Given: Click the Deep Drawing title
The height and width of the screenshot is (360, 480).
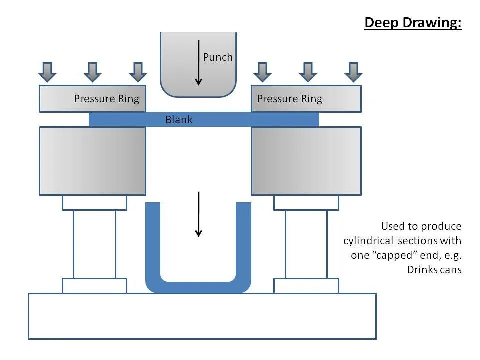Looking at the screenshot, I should tap(413, 23).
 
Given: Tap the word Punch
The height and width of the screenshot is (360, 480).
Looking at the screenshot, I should tap(217, 57).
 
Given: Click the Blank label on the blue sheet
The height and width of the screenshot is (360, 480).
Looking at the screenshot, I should tap(179, 120).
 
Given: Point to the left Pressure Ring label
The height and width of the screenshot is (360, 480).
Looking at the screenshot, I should tap(106, 99).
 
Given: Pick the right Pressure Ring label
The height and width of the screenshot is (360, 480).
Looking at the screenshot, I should tap(289, 99).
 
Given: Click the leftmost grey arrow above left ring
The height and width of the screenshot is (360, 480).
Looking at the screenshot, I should tap(47, 72).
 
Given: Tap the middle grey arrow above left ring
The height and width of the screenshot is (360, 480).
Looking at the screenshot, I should tap(93, 72).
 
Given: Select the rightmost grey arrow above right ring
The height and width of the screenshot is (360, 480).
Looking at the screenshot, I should tap(353, 72).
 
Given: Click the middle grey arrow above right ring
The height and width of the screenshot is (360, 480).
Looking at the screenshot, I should tap(308, 72).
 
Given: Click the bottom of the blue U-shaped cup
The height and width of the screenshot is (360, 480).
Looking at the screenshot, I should tap(198, 287).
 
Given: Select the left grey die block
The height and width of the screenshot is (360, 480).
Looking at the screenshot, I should tap(92, 161).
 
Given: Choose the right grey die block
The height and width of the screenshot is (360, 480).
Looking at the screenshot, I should tap(306, 161).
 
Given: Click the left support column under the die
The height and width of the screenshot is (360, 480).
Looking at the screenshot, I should tap(94, 244).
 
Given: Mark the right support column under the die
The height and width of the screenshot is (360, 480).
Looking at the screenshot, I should tap(306, 244).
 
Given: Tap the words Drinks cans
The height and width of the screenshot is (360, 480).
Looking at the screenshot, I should tap(434, 270).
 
